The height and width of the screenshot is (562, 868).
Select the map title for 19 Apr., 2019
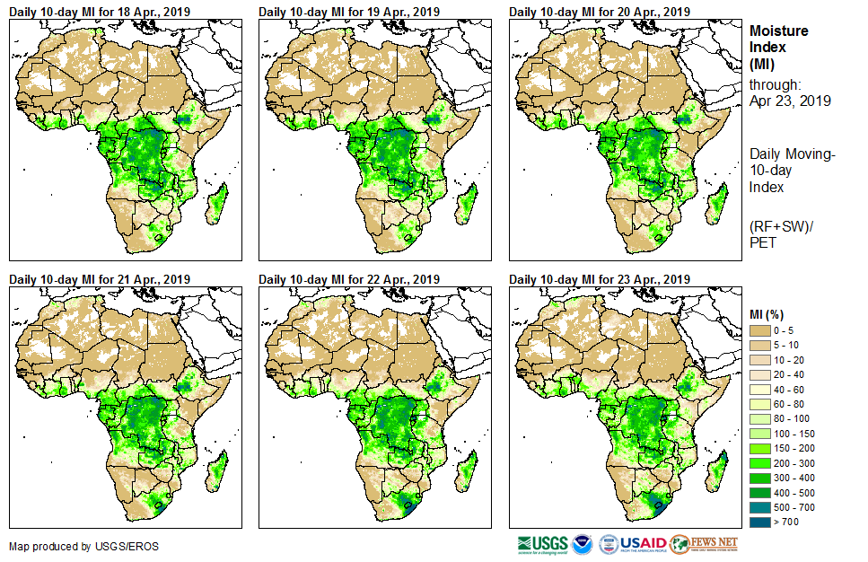coord(348,12)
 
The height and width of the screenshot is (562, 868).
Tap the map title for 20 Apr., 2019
coord(599,12)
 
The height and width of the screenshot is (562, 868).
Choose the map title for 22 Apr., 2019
coord(348,279)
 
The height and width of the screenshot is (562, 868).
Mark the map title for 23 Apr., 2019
coord(599,279)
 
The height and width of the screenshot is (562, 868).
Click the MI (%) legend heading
coord(769,313)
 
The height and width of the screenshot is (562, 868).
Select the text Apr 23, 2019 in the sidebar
coord(790,101)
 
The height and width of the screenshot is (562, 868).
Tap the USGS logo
coord(542,544)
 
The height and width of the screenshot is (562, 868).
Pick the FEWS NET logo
coord(705,544)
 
